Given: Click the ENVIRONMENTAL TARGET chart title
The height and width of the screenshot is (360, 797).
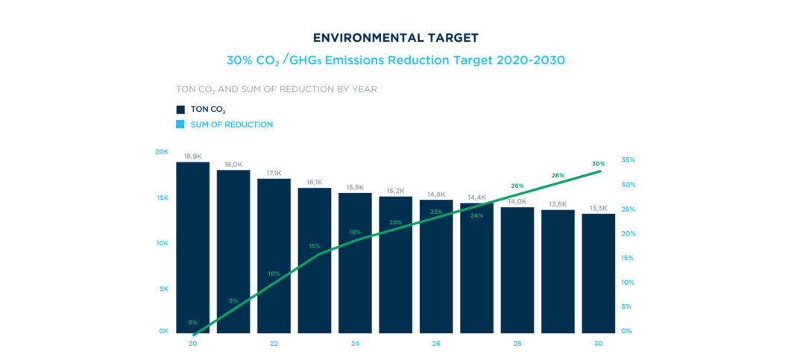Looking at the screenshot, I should (x=395, y=37).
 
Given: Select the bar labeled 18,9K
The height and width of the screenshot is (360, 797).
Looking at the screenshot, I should (x=192, y=246).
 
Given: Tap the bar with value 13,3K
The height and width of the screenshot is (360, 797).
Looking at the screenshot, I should (x=598, y=273).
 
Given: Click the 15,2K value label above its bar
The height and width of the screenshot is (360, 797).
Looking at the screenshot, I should (x=395, y=190).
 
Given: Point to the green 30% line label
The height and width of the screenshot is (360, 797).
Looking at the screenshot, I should (x=598, y=163).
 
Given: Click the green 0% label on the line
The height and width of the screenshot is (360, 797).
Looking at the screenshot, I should (x=192, y=323).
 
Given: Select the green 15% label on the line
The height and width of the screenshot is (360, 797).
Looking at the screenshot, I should (x=315, y=246).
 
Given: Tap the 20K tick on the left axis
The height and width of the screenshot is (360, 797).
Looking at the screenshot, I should (x=162, y=151).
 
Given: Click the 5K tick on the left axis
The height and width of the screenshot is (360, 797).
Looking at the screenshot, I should (x=164, y=288).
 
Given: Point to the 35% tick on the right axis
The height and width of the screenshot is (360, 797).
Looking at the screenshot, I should (x=627, y=160).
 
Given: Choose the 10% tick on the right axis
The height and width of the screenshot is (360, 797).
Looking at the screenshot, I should (x=627, y=282).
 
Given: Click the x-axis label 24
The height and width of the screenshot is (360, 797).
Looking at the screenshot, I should (x=355, y=344).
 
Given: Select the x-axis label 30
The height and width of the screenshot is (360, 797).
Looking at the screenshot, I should (x=598, y=344).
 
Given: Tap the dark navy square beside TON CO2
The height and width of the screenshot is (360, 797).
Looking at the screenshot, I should (x=180, y=110).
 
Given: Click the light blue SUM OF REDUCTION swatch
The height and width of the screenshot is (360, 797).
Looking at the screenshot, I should (x=180, y=124).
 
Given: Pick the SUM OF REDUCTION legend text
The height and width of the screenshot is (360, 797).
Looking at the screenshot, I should (x=232, y=124).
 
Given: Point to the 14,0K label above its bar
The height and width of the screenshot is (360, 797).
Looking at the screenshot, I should (x=517, y=201).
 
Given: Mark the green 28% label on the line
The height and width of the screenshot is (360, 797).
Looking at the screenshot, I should (x=558, y=175).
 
